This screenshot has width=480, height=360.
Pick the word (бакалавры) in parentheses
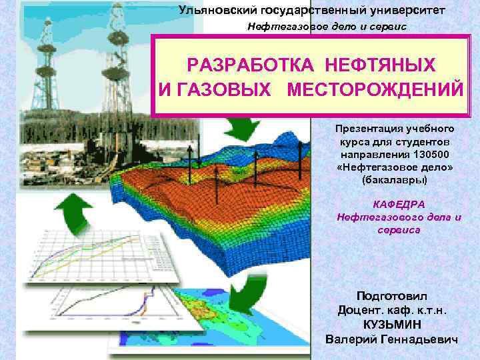coord(396,181)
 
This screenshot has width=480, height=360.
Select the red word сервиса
coord(398,229)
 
